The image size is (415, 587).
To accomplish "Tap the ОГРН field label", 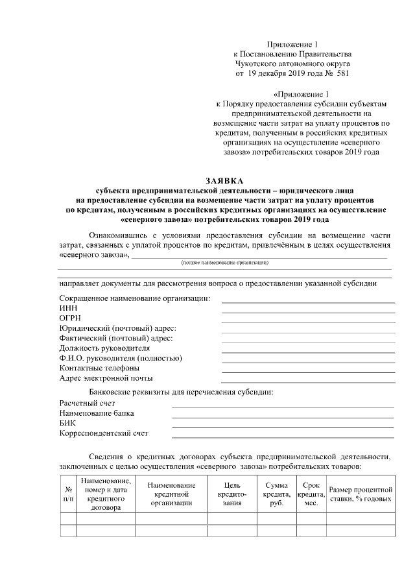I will pyautogui.click(x=70, y=318).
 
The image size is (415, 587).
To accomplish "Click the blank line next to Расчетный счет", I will pyautogui.click(x=282, y=403).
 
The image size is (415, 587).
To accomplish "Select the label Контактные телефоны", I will pyautogui.click(x=99, y=368).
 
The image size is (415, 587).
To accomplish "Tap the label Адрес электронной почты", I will pyautogui.click(x=106, y=378).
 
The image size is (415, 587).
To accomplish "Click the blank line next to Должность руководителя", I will pyautogui.click(x=308, y=348).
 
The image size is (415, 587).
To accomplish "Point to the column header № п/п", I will pyautogui.click(x=68, y=494).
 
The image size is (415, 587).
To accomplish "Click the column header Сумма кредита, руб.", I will pyautogui.click(x=277, y=494).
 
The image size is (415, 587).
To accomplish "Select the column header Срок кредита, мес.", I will pyautogui.click(x=311, y=494).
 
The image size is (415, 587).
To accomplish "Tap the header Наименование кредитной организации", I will pyautogui.click(x=171, y=494).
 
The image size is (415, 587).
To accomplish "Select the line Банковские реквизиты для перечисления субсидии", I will pyautogui.click(x=181, y=392).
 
